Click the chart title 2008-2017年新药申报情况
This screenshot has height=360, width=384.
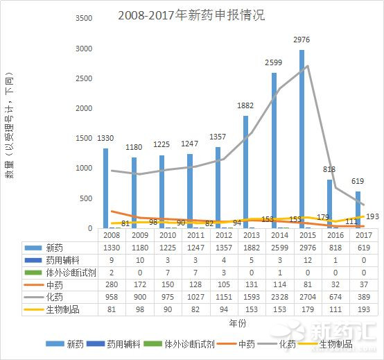(x=191, y=15)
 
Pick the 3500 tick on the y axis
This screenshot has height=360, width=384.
(x=82, y=18)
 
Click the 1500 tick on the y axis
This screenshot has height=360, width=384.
(x=82, y=138)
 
